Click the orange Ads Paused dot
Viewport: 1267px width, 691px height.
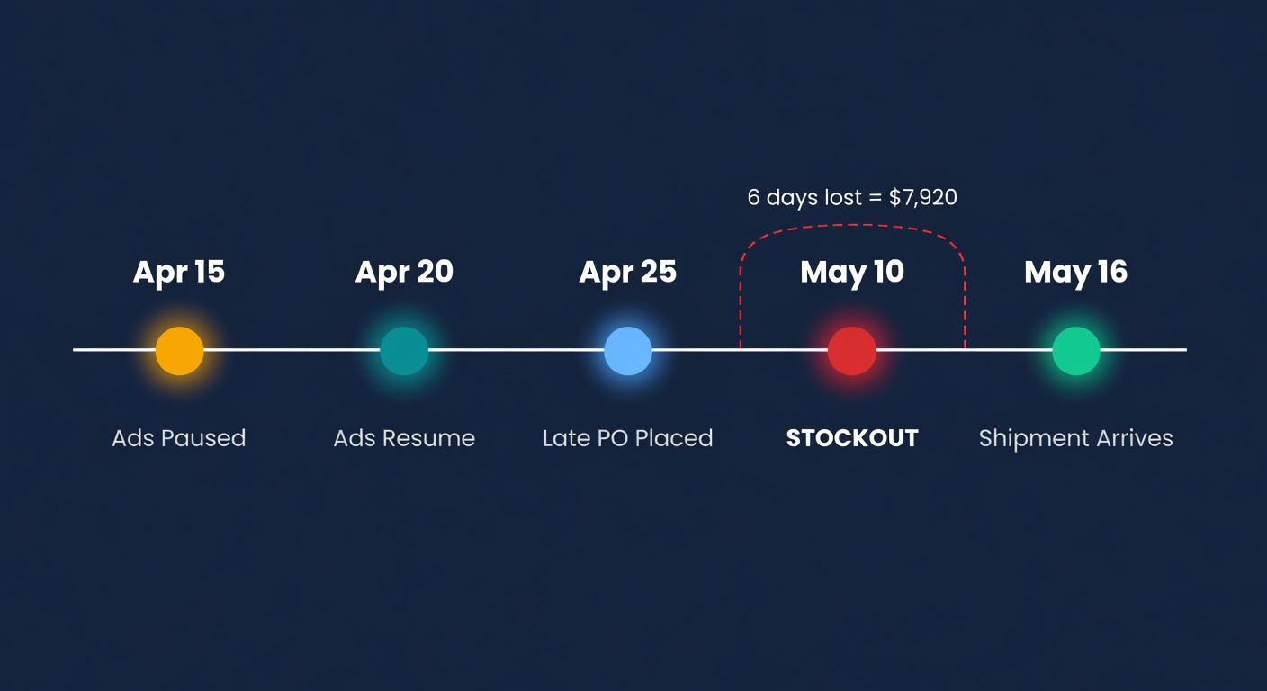coord(179,350)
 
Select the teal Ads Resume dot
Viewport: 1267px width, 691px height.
coord(404,350)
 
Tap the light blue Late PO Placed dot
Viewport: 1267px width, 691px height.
coord(627,350)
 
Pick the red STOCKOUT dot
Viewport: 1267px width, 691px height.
coord(851,350)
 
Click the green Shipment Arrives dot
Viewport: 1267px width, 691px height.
coord(1075,350)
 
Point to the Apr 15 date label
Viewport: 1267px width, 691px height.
coord(179,272)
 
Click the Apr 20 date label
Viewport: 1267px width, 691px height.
coord(404,272)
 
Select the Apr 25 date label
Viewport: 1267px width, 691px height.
coord(627,272)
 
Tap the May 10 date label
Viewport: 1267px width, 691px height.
coord(851,272)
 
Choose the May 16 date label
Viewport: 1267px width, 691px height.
coord(1075,272)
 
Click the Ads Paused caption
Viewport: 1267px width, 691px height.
coord(179,438)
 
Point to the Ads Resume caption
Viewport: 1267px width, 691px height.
coord(404,438)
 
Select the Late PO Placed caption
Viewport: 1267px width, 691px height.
coord(627,438)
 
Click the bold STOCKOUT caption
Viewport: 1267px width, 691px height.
coord(851,438)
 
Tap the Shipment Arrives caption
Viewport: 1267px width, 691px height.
coord(1075,438)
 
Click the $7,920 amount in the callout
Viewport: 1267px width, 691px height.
coord(922,198)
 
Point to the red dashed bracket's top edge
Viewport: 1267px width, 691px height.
coord(852,225)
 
